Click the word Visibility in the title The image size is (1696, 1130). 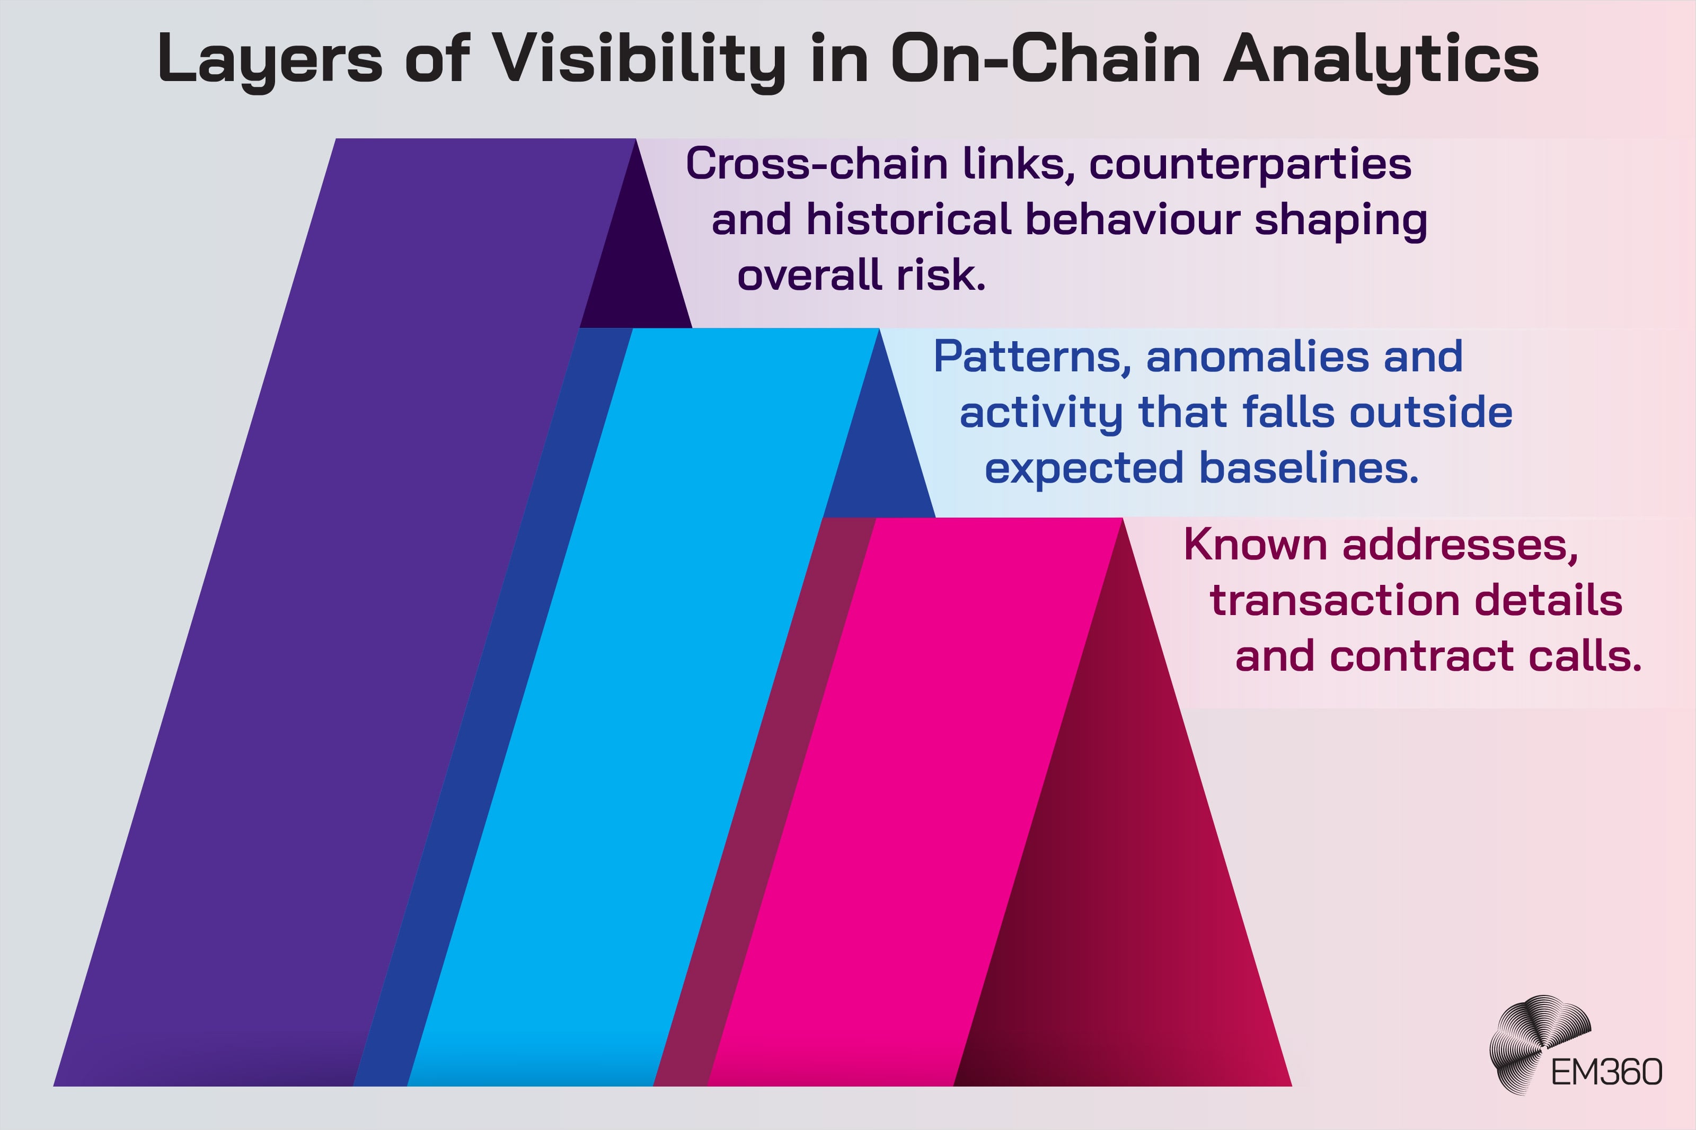(x=638, y=59)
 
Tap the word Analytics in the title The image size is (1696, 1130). (x=1381, y=59)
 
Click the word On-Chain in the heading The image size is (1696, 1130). (x=1046, y=59)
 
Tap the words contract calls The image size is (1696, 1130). (x=1486, y=656)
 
